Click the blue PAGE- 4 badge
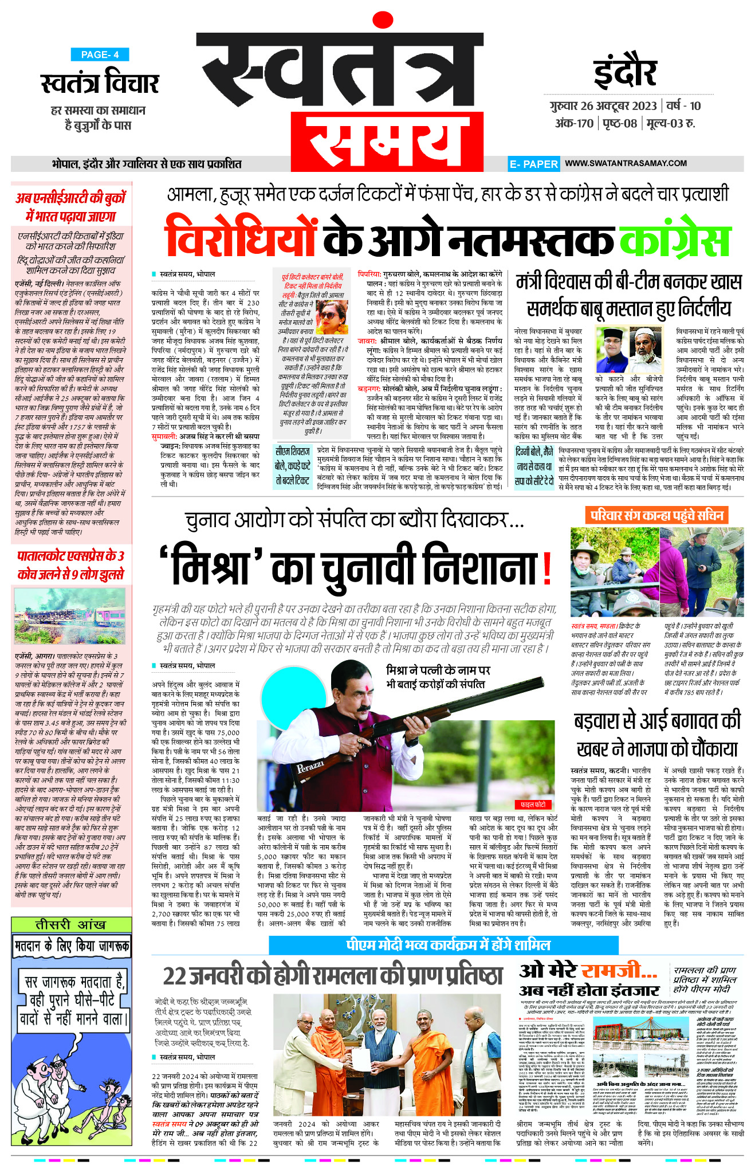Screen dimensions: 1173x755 (x=100, y=54)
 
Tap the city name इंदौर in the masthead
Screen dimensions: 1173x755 (x=624, y=71)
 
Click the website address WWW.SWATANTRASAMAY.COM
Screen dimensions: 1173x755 (x=626, y=163)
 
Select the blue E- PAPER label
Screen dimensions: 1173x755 (x=533, y=164)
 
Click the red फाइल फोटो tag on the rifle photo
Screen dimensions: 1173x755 (x=533, y=804)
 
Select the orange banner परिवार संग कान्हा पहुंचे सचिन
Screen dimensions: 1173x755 (x=656, y=515)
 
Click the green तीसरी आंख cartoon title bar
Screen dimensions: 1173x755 (x=70, y=924)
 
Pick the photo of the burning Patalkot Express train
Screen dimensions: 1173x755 (x=69, y=617)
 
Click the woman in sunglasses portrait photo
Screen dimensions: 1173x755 (x=331, y=319)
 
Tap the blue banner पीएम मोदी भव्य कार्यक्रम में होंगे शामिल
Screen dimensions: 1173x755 (x=443, y=945)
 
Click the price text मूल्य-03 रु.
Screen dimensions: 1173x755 (x=670, y=123)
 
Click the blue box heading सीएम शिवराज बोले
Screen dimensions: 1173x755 (x=292, y=466)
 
